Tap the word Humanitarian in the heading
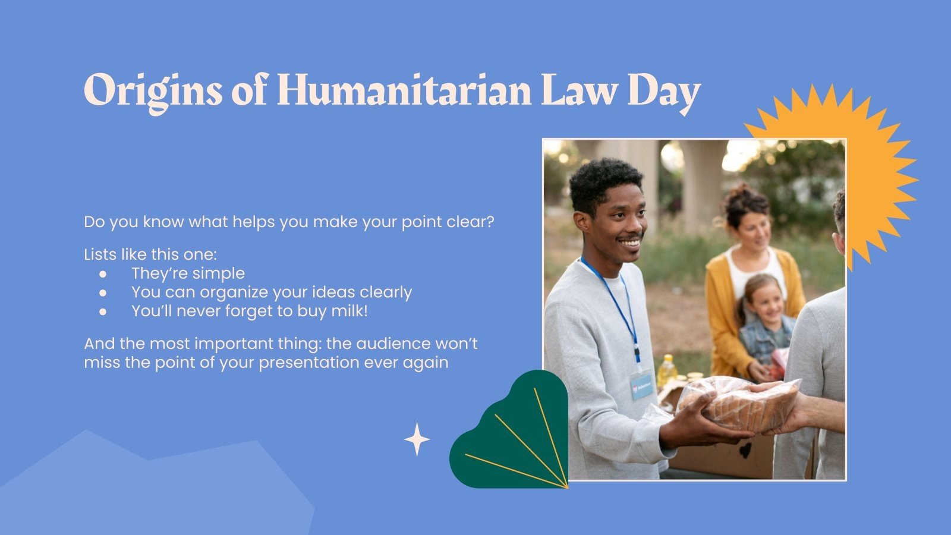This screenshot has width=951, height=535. (404, 90)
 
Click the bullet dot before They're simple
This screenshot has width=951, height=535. (103, 274)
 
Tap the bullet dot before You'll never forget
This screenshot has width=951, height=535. (103, 311)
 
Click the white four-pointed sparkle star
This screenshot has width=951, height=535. (417, 439)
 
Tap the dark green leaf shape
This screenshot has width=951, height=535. (511, 434)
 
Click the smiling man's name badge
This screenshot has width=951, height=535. (641, 385)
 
